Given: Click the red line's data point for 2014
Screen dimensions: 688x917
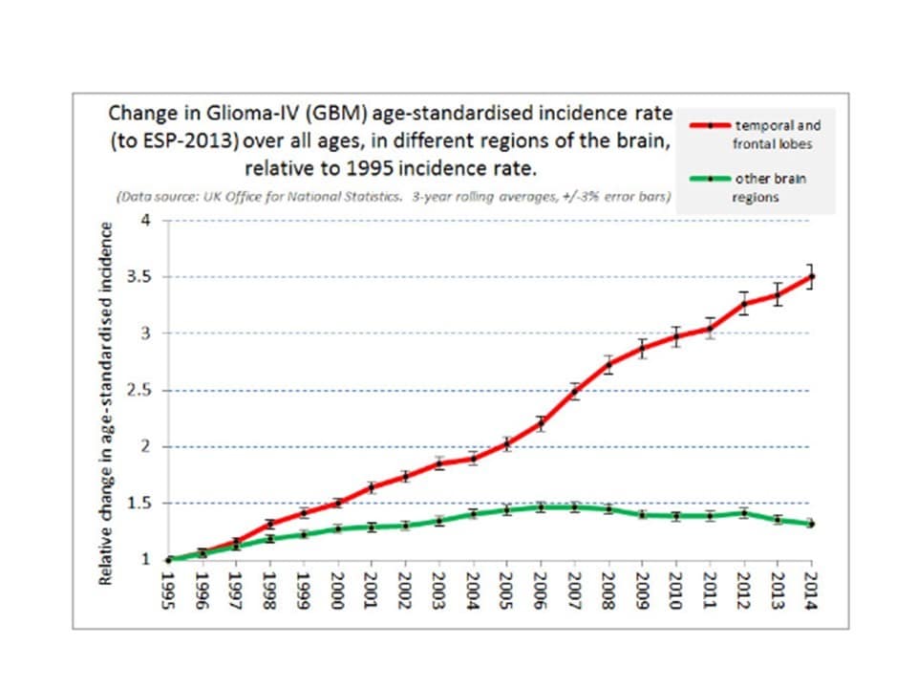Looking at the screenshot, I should pyautogui.click(x=811, y=276).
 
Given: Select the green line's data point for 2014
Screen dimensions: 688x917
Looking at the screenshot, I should pyautogui.click(x=811, y=524).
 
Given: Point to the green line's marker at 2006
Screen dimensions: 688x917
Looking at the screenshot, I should pyautogui.click(x=541, y=507).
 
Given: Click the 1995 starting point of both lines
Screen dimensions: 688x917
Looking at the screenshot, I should pyautogui.click(x=169, y=560).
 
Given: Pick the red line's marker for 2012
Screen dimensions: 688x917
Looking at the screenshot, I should pyautogui.click(x=743, y=304).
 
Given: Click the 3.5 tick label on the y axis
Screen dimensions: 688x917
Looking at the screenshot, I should pyautogui.click(x=142, y=277).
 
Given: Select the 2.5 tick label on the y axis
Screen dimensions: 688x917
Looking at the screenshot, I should pyautogui.click(x=142, y=390).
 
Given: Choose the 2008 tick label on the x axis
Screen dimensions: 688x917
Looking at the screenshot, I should pyautogui.click(x=608, y=590).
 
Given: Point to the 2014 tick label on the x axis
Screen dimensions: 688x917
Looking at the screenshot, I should pyautogui.click(x=811, y=590).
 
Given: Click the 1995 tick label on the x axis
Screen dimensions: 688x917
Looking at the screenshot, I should pyautogui.click(x=169, y=590).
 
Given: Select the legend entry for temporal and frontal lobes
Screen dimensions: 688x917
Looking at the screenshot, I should pyautogui.click(x=776, y=133).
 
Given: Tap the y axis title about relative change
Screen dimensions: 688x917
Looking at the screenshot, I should pyautogui.click(x=108, y=401).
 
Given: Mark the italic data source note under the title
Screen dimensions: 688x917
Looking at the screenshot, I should pyautogui.click(x=393, y=197).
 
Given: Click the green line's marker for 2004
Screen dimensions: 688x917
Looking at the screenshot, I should pyautogui.click(x=473, y=514).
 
